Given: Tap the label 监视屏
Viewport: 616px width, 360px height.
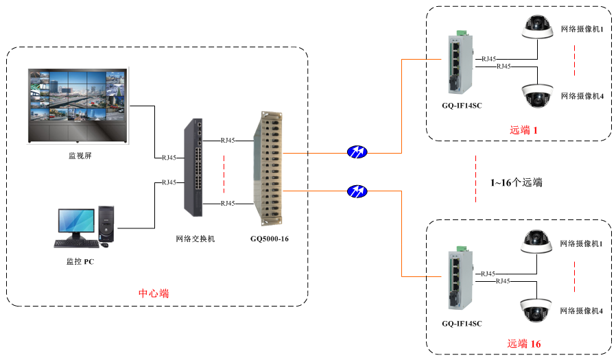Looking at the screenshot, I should pos(80,156).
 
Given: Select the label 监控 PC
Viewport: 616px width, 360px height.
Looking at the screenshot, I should pos(80,261).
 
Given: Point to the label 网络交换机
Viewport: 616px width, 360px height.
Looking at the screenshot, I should pos(196,239).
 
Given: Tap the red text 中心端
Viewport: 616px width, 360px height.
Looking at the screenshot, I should pos(154,293).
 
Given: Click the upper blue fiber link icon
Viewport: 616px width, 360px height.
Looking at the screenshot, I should pos(357,152).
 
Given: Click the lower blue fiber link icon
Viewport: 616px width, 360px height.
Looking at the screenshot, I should pos(357,191).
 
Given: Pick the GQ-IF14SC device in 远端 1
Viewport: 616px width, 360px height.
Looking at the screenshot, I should pos(461,64).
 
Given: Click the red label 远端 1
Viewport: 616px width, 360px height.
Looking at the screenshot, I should pos(525,130).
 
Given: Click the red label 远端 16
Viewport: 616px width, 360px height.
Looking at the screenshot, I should pos(525,344).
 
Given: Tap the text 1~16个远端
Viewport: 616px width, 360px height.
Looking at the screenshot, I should pos(516,182).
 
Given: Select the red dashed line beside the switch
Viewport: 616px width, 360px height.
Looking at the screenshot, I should pos(224,176).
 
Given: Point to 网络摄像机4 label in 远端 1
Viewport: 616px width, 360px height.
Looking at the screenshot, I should pos(582,96).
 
